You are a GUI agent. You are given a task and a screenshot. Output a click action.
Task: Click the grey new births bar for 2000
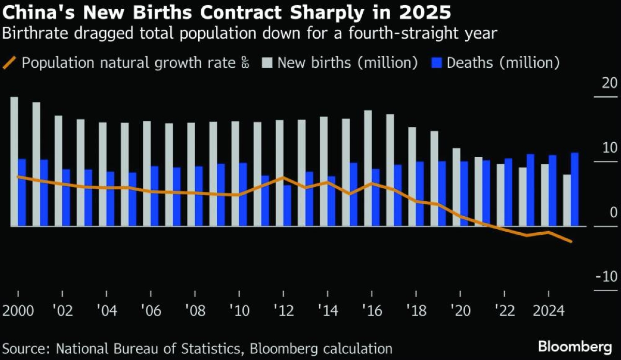click(x=14, y=161)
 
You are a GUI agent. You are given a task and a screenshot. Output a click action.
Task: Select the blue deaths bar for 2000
click(x=22, y=192)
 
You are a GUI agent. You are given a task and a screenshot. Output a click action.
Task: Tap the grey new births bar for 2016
click(x=367, y=168)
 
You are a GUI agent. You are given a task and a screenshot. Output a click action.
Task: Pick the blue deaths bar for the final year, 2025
click(x=574, y=189)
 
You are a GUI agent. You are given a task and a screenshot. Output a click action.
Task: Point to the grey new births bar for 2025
click(x=567, y=200)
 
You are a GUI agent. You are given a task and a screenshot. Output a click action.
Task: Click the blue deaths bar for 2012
click(x=287, y=206)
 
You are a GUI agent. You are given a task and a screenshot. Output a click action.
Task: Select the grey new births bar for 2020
click(x=456, y=187)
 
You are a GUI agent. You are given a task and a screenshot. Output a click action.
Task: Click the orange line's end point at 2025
click(x=571, y=242)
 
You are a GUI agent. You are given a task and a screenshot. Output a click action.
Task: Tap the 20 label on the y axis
click(x=610, y=83)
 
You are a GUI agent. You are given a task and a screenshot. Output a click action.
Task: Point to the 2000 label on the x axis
click(x=19, y=311)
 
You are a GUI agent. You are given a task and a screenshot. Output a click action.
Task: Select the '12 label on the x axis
click(x=284, y=311)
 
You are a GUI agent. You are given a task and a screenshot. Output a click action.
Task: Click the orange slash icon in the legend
click(x=10, y=63)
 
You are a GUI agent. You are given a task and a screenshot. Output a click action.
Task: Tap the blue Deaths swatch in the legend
click(x=436, y=63)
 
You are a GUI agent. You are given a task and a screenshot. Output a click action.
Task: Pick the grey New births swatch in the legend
click(x=267, y=63)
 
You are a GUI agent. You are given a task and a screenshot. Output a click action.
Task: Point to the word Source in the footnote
click(x=24, y=348)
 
